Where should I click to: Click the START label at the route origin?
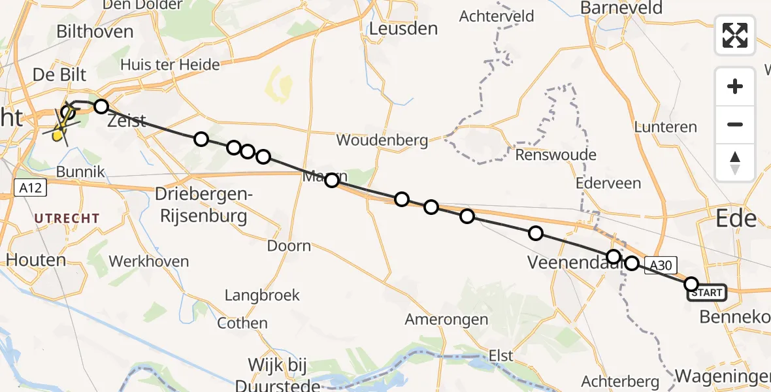[x=706, y=293]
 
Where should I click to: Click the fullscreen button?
[x=735, y=35]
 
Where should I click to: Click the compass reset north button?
[x=735, y=163]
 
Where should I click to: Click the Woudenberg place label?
[x=382, y=140]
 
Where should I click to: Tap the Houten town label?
[x=37, y=260]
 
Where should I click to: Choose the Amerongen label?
[x=446, y=319]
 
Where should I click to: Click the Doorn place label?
[x=289, y=246]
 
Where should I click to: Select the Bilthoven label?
[x=95, y=31]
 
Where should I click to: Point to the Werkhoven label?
[x=148, y=262]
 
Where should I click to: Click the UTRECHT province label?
[x=67, y=218]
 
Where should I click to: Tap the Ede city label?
[x=736, y=218]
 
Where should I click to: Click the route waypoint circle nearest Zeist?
[x=101, y=106]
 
